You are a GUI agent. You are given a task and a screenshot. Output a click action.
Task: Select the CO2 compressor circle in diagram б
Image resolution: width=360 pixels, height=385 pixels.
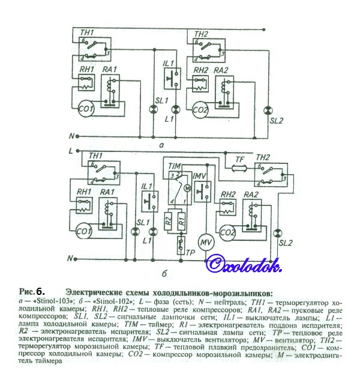(x=229, y=232)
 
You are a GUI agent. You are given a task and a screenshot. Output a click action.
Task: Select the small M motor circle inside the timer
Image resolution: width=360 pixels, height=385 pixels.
(x=186, y=188)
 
